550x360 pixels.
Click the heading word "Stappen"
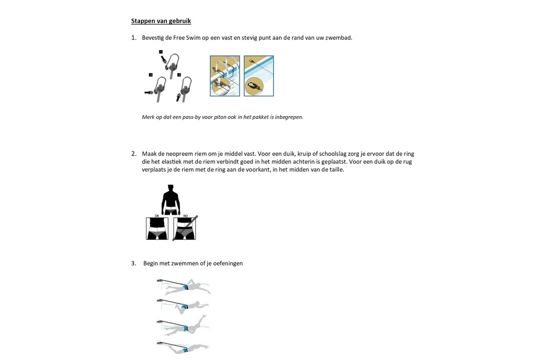(x=143, y=21)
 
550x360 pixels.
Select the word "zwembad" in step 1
(x=339, y=37)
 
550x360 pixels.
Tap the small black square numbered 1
(x=160, y=52)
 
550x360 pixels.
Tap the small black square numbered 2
(x=150, y=75)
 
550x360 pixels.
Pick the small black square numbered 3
(x=179, y=75)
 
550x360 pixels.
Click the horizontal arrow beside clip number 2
(x=148, y=92)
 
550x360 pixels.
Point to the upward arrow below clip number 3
(x=178, y=96)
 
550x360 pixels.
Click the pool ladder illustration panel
(x=225, y=75)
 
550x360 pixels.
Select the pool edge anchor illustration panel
(x=259, y=75)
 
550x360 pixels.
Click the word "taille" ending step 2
(x=334, y=169)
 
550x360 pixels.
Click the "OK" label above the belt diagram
(x=157, y=216)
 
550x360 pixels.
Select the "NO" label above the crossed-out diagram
(x=185, y=216)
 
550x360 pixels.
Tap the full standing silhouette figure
(x=170, y=200)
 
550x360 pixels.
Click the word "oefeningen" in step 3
(x=228, y=263)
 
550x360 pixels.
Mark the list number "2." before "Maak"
(x=133, y=153)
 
